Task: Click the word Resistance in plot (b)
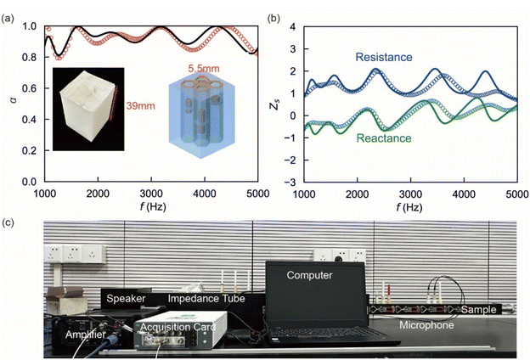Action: coord(383,57)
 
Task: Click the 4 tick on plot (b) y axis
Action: coord(291,27)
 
